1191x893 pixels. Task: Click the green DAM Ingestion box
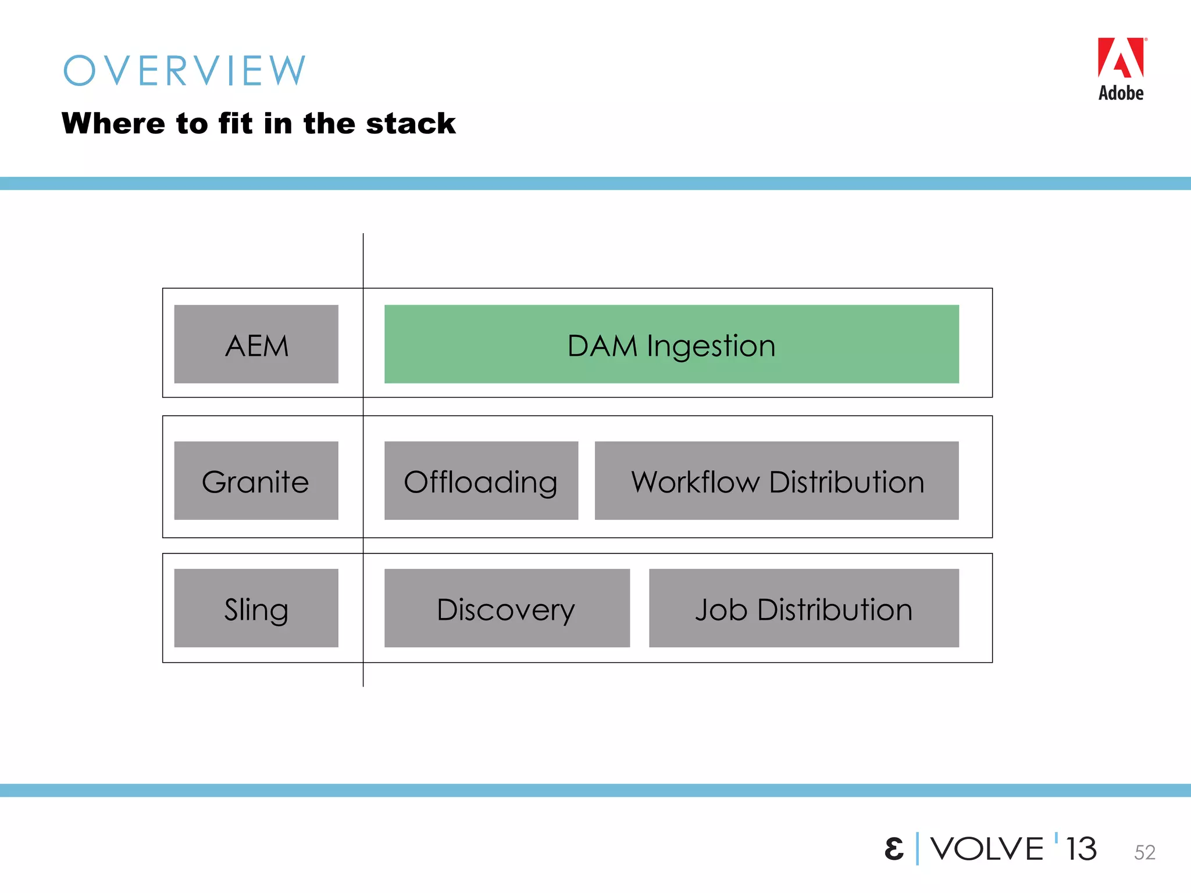(671, 344)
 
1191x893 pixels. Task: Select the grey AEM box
(256, 344)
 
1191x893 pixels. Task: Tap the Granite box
(256, 480)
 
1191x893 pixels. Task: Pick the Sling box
(256, 608)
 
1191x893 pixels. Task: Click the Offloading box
(481, 480)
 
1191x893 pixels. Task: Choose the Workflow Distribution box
(776, 480)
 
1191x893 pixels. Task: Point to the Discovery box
(507, 608)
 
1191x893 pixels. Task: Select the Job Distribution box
(804, 608)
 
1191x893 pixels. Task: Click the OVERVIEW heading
(184, 71)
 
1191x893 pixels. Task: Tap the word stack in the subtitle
(411, 124)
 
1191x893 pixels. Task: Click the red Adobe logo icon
(1121, 58)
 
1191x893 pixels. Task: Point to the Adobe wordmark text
(1121, 93)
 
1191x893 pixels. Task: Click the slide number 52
(1144, 852)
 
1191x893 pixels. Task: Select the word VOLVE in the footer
(987, 849)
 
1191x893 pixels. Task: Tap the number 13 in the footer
(1081, 849)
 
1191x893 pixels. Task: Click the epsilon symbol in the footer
(894, 849)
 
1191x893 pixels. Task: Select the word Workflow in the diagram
(696, 482)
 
